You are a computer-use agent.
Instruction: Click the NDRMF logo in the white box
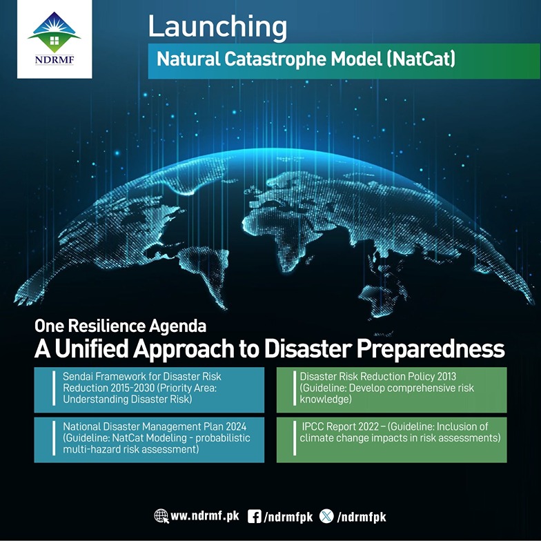point(55,39)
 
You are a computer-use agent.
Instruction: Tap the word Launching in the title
point(217,28)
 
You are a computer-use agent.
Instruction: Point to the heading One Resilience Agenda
point(120,326)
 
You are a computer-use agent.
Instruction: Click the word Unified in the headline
point(91,349)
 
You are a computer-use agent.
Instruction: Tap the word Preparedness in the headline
point(431,349)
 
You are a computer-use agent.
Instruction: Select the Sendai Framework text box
point(149,389)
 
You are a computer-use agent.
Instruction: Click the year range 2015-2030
point(132,388)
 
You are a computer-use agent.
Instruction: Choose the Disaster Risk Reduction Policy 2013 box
point(392,389)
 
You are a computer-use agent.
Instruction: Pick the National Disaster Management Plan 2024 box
point(149,440)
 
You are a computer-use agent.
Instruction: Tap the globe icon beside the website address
point(161,516)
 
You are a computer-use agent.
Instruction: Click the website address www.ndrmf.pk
point(204,516)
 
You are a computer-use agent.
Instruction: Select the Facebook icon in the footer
point(254,516)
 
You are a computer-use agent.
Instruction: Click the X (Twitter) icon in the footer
point(326,516)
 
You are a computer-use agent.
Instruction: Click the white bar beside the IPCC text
point(295,438)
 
